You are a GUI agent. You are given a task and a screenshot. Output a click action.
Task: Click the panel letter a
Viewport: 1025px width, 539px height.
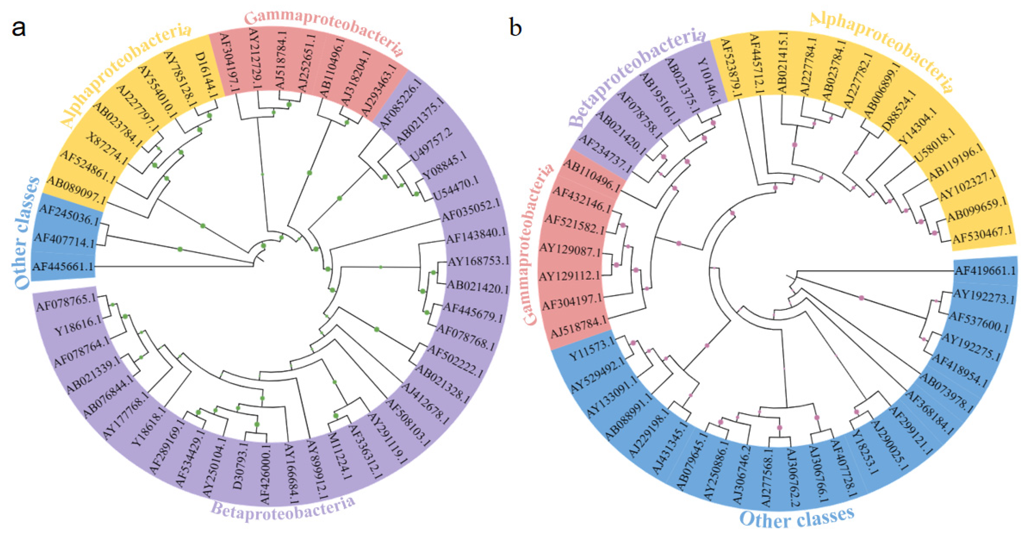(x=19, y=28)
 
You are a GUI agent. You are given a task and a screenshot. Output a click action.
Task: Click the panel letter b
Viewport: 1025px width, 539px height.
(x=515, y=28)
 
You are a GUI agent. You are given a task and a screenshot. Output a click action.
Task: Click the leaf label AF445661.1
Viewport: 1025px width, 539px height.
(x=63, y=266)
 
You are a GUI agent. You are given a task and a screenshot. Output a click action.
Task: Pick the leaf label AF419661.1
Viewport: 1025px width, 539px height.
(x=985, y=271)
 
